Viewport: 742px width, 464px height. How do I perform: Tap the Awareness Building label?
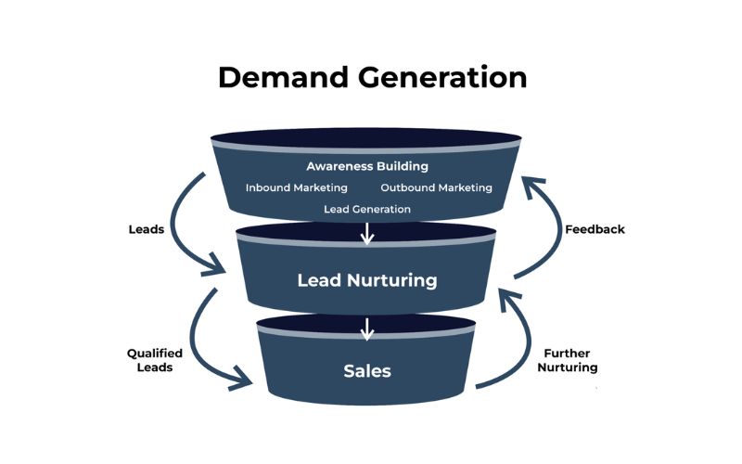[x=367, y=167]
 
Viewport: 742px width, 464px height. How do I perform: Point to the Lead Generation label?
[x=367, y=209]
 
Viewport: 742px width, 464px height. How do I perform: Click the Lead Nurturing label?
[x=366, y=279]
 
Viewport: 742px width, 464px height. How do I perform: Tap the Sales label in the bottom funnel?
[x=367, y=371]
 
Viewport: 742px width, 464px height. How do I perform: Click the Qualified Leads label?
[x=155, y=360]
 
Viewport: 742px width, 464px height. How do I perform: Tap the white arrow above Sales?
[x=367, y=329]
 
